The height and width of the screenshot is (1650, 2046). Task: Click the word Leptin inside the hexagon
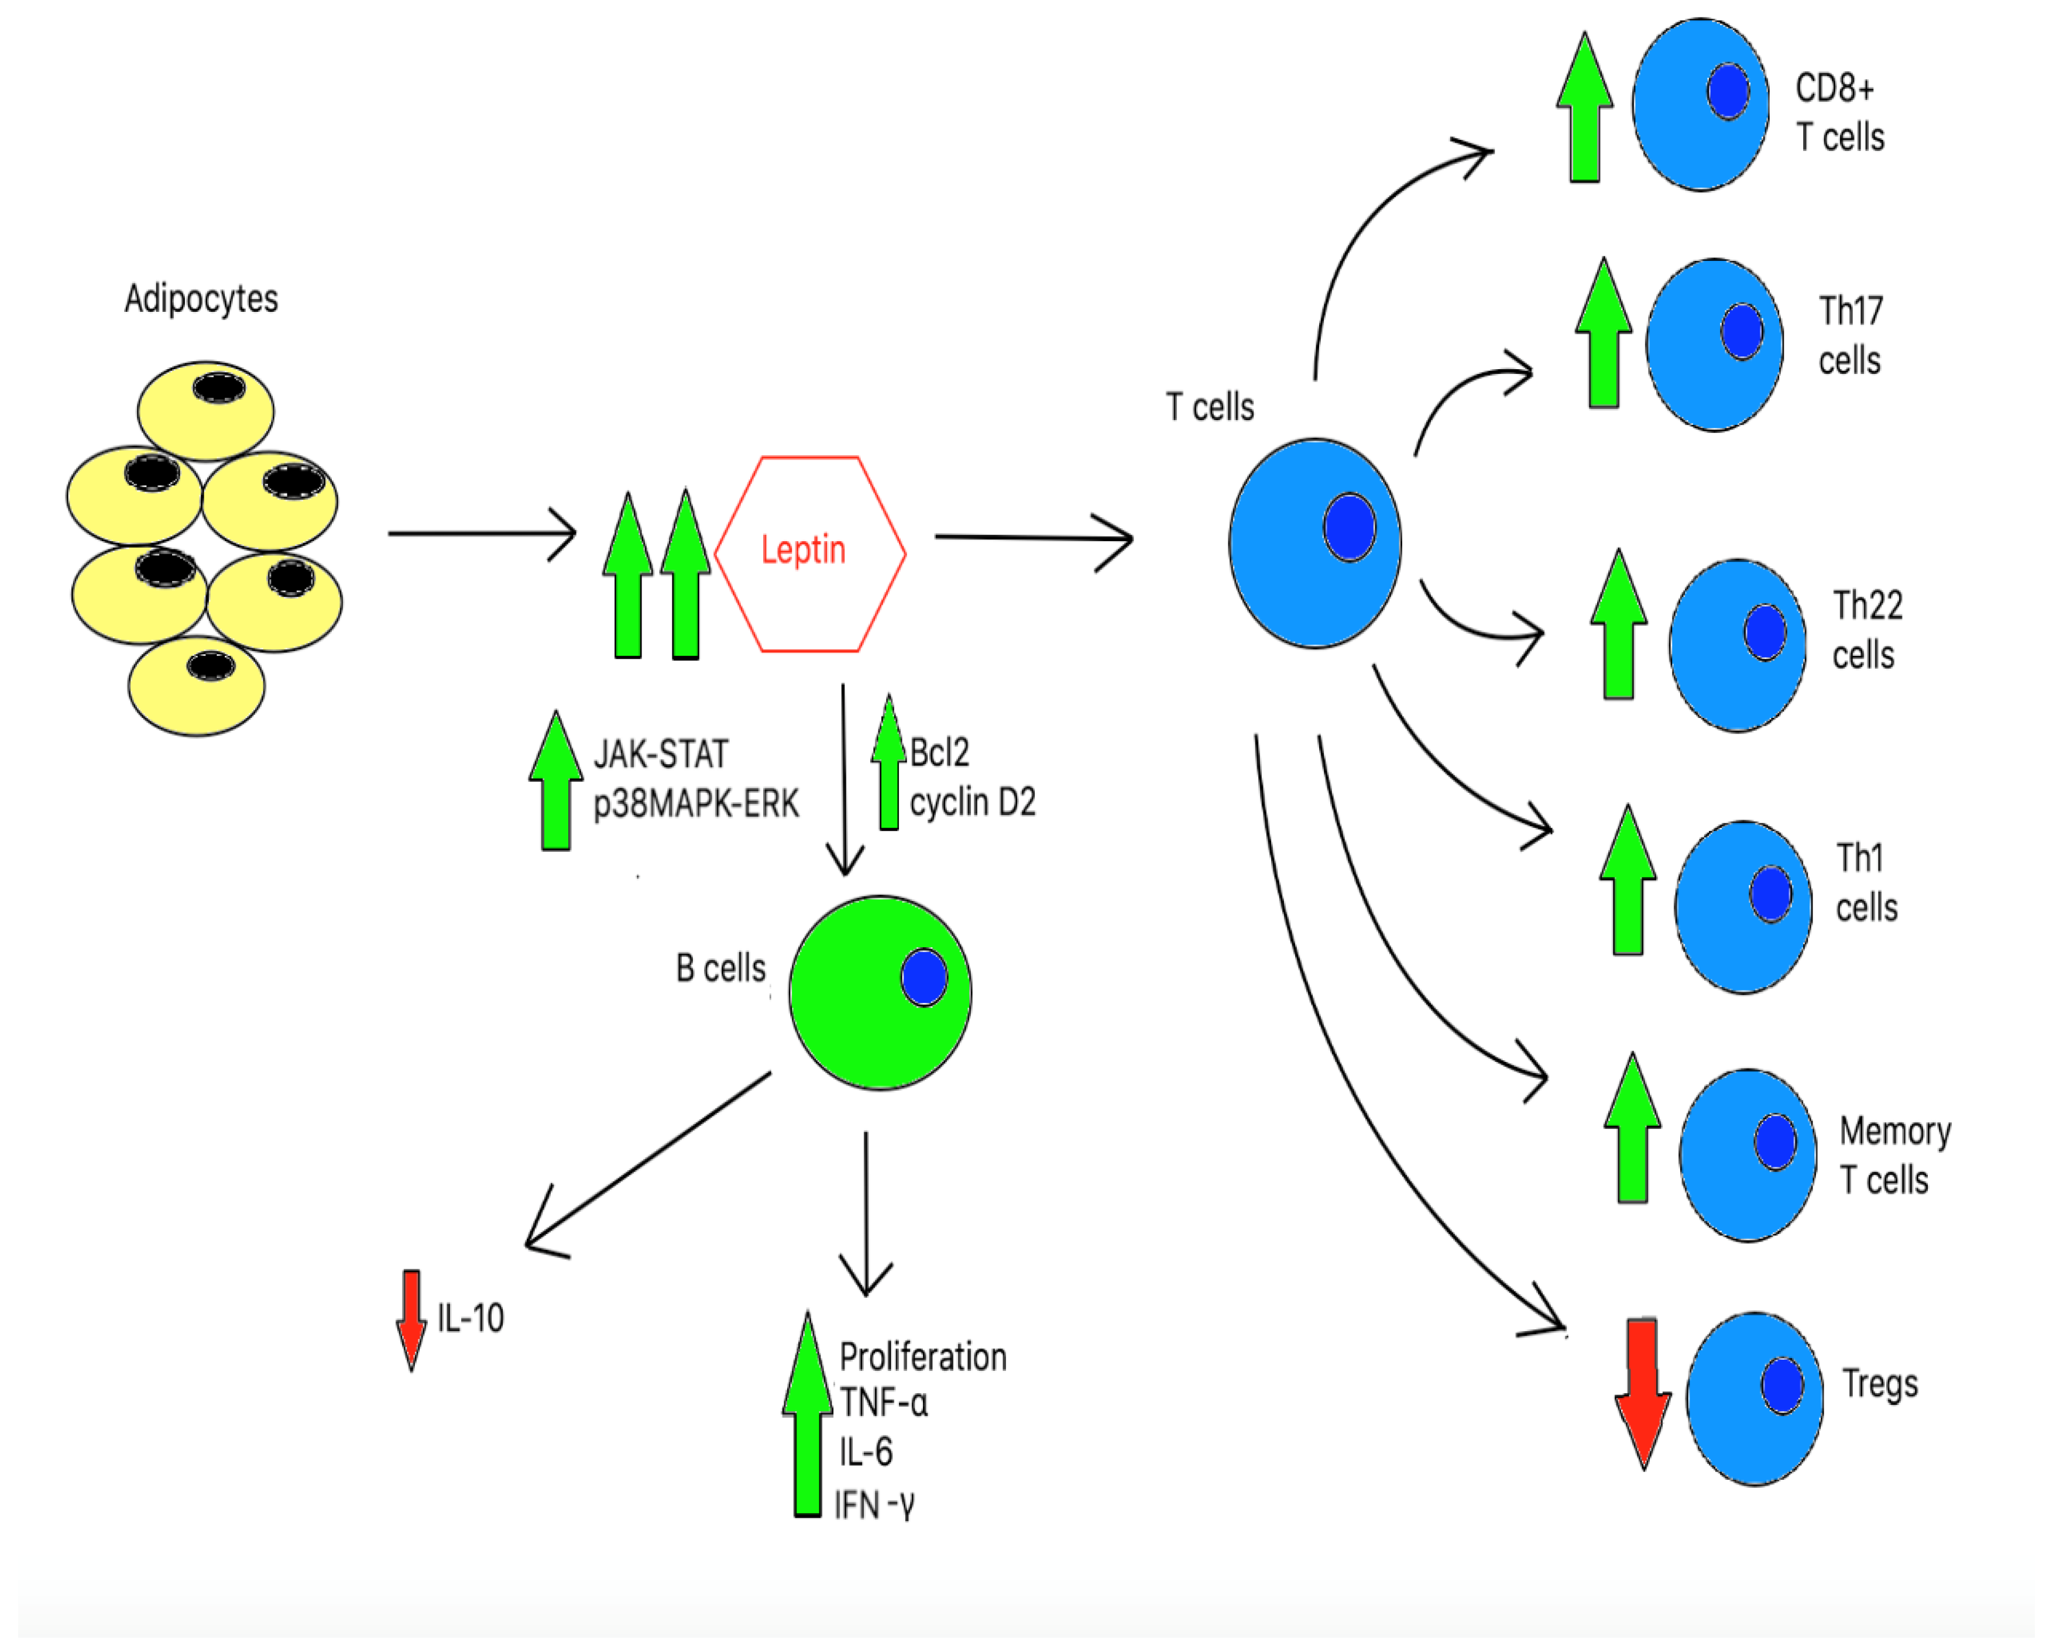click(x=804, y=549)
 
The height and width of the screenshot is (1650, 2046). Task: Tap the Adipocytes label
click(x=201, y=298)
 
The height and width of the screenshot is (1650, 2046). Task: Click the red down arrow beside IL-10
click(x=411, y=1319)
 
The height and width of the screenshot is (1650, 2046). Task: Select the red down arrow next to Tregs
click(x=1643, y=1393)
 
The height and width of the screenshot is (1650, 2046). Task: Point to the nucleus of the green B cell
click(x=923, y=977)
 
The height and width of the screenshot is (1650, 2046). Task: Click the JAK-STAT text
click(x=661, y=755)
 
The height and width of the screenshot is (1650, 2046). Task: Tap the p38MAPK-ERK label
click(x=696, y=804)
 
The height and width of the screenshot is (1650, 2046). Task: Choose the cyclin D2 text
click(x=971, y=803)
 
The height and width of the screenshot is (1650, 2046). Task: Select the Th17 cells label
click(x=1850, y=335)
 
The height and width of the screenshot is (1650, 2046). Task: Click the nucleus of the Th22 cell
click(x=1764, y=632)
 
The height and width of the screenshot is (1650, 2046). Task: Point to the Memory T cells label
click(x=1894, y=1155)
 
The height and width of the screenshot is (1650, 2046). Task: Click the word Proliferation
click(x=922, y=1357)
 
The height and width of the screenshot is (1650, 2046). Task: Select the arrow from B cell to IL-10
click(x=647, y=1160)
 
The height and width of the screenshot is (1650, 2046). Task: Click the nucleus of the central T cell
click(x=1349, y=528)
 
